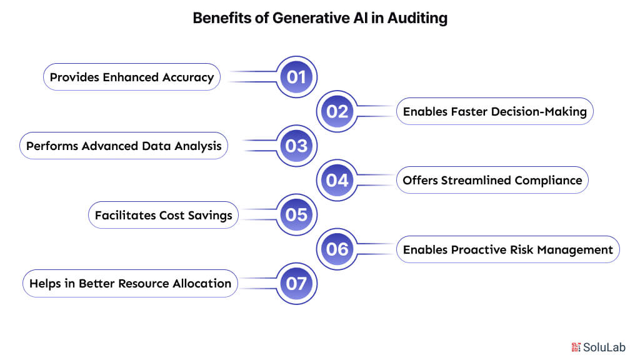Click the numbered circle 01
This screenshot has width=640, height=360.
point(296,77)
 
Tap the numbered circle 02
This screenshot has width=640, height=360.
point(337,111)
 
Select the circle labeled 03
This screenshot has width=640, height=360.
point(296,146)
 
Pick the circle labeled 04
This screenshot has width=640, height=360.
point(337,180)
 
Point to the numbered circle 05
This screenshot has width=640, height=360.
point(296,215)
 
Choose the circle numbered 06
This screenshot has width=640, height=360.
point(337,249)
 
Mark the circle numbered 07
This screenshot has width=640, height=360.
point(296,284)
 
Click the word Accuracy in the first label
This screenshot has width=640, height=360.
point(187,77)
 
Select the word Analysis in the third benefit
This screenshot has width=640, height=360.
point(197,146)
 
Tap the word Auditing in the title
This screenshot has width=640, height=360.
point(419,18)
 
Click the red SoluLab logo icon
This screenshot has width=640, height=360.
point(576,347)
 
